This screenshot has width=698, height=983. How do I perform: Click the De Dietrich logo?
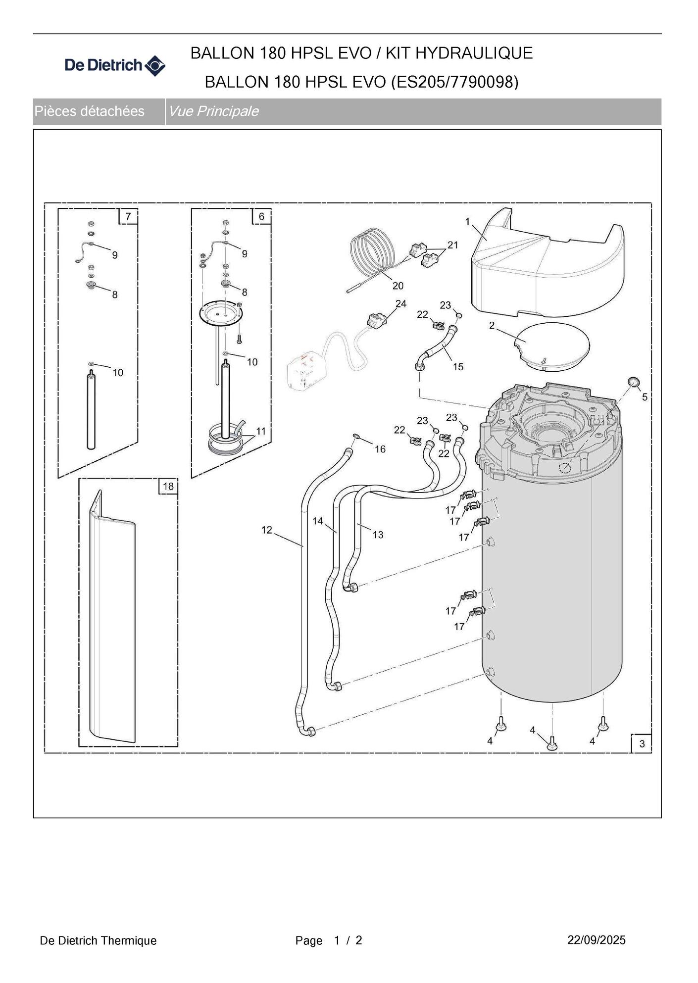pos(115,65)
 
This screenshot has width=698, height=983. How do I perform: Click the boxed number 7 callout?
pos(128,216)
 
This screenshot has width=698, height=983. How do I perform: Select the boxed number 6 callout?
pos(261,216)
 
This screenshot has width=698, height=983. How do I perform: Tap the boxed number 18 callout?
pos(168,486)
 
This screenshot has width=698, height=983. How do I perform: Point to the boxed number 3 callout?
pos(642,743)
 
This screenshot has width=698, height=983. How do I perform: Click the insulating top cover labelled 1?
pos(545,267)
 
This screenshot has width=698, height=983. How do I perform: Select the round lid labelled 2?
pos(552,345)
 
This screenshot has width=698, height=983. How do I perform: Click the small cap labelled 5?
pos(633,381)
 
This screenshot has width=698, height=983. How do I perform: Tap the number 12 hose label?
pos(267,530)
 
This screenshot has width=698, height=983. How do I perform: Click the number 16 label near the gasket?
pos(380,449)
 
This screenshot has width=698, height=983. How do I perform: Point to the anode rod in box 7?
pos(91,411)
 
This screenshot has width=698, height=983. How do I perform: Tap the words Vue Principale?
pos(213,111)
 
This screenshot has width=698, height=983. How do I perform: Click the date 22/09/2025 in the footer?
pos(596,940)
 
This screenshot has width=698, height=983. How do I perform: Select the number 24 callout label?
pos(400,303)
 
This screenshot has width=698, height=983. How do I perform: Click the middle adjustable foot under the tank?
pos(552,742)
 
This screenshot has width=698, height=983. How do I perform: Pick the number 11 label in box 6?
pos(261,431)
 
